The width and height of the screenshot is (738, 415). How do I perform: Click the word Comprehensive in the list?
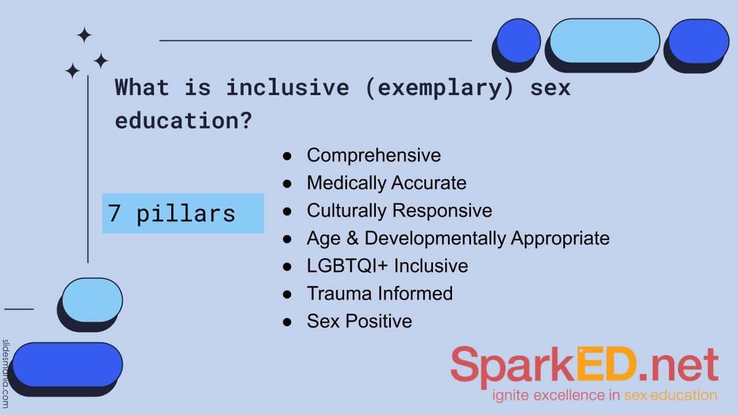click(x=374, y=155)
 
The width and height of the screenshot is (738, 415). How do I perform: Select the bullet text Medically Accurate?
click(x=386, y=183)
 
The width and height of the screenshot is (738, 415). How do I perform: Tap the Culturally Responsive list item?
click(x=400, y=210)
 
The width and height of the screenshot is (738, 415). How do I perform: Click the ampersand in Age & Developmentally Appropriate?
click(x=352, y=238)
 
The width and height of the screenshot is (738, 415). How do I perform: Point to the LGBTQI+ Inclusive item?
click(x=387, y=266)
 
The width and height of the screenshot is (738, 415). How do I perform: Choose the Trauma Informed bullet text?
click(x=379, y=293)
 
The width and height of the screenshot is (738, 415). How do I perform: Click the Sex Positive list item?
click(x=359, y=321)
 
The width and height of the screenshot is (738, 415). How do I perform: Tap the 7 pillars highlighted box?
click(x=183, y=213)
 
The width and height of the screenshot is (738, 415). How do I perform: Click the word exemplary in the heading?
click(x=439, y=88)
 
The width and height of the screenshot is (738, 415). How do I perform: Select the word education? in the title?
click(x=183, y=120)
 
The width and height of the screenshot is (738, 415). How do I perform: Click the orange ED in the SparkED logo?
click(x=607, y=364)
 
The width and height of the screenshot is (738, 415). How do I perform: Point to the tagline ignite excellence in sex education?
click(x=605, y=395)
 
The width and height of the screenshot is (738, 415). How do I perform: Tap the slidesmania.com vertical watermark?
click(x=6, y=373)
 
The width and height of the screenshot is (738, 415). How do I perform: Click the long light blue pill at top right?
click(x=605, y=40)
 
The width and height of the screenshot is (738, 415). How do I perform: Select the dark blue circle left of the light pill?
click(x=518, y=41)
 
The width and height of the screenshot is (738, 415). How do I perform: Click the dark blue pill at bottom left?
click(x=67, y=365)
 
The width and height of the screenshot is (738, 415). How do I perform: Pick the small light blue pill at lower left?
click(x=92, y=300)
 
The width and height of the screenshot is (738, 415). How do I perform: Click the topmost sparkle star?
click(x=84, y=35)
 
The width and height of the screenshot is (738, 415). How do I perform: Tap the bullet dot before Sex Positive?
click(x=287, y=322)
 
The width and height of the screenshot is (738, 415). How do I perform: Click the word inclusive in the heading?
click(x=287, y=88)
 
